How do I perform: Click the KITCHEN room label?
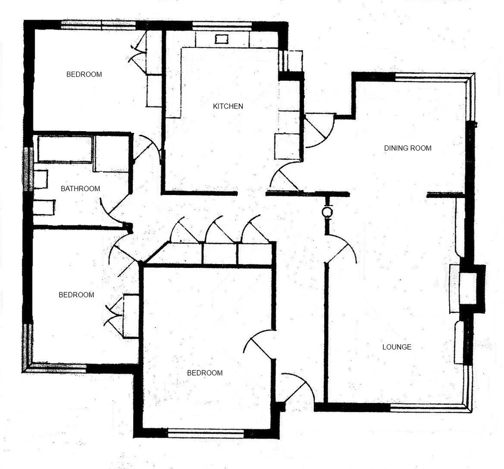coord(228,106)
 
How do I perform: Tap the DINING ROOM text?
coord(408,148)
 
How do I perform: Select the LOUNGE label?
coord(397,347)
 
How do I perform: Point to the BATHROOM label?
coord(80,188)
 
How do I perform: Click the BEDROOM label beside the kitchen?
coord(84,74)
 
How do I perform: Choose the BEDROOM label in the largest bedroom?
coord(204,373)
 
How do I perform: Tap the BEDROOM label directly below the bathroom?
coord(76,295)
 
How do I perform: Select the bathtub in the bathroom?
coord(65,149)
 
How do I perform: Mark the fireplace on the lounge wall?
coord(468,288)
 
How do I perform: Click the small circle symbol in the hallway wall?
coord(327,212)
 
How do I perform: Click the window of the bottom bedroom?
coord(206,433)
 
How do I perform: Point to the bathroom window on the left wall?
coord(28,169)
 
